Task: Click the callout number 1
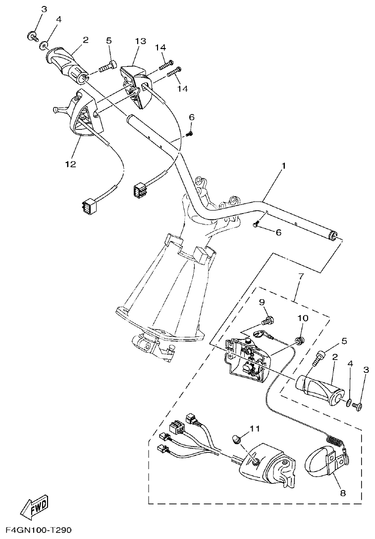284,166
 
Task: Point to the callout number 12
70,164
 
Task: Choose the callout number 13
140,41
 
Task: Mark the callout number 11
254,428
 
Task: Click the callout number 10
302,318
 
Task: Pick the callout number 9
262,302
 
